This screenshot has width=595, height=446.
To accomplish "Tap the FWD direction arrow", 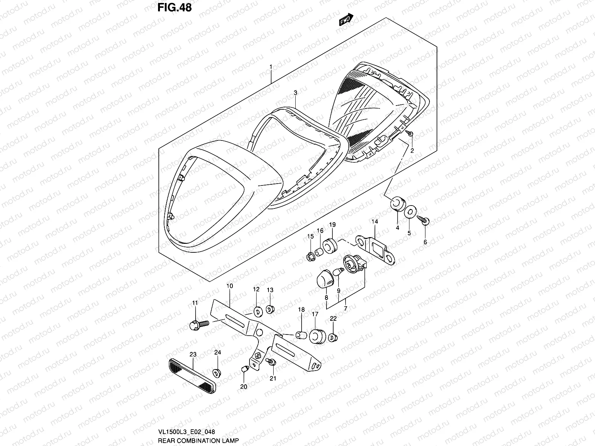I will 346,20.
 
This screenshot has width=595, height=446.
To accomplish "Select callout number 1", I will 271,67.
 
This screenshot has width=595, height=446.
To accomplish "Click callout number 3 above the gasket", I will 295,92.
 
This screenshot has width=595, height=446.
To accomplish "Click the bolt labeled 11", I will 195,326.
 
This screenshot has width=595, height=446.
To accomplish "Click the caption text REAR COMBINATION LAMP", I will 198,441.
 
